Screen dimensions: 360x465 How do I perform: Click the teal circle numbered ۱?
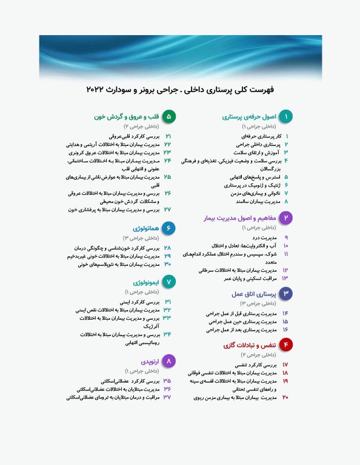point(287,116)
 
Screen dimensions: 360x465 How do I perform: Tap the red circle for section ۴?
point(287,345)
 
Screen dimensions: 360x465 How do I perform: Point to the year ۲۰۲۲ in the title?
point(99,90)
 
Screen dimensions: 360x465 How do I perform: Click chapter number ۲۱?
point(168,137)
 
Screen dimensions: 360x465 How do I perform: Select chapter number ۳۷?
point(167,398)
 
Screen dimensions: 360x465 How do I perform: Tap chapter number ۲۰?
point(285,397)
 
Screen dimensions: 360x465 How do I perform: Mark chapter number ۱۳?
point(285,278)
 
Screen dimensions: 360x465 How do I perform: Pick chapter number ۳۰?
point(167,264)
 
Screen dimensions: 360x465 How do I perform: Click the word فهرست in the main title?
point(262,90)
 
